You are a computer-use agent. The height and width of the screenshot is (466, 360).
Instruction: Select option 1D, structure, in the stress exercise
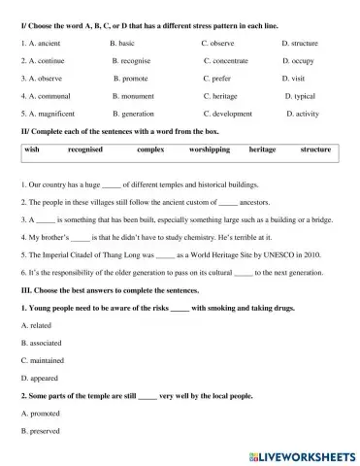coord(300,44)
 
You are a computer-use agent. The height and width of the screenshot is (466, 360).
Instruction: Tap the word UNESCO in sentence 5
coord(266,254)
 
